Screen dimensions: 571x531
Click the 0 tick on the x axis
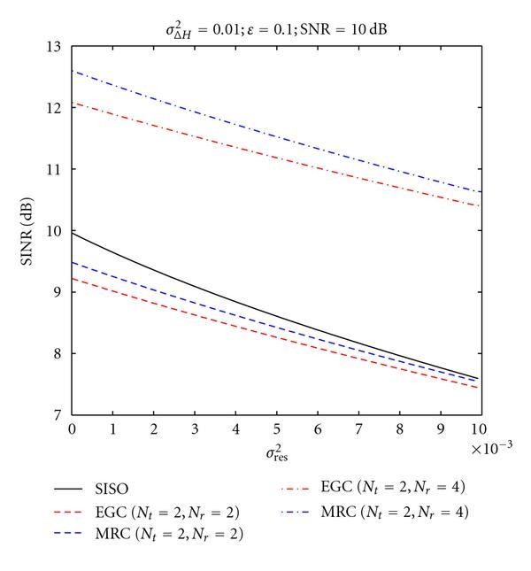73,428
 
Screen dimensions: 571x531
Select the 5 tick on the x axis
277,428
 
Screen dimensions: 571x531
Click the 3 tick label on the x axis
195,428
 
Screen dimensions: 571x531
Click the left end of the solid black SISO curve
73,233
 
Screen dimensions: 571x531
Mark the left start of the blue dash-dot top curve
73,71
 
